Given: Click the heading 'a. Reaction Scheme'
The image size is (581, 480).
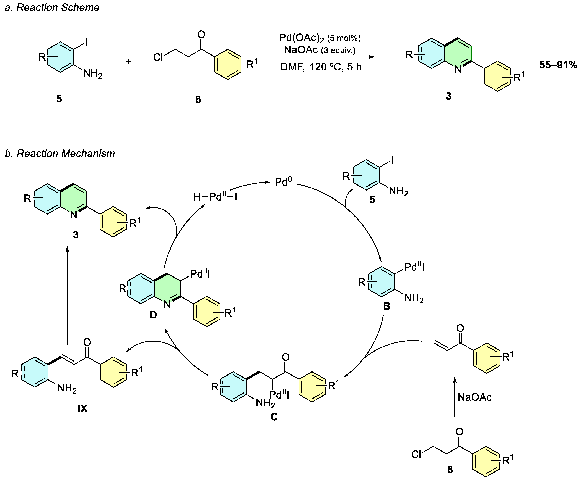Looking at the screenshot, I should [x=52, y=7].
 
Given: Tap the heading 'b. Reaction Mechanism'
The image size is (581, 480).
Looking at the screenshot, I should [x=60, y=153].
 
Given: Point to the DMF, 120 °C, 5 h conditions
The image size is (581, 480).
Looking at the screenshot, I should [x=321, y=67].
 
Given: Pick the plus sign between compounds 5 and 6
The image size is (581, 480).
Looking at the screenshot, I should [x=128, y=62].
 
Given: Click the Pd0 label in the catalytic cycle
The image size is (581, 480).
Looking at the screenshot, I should [x=283, y=182].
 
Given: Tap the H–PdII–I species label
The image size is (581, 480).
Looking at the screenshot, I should [x=215, y=197].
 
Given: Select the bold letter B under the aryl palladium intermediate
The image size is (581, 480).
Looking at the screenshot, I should [x=387, y=306].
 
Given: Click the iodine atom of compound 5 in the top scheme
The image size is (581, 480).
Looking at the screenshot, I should [x=87, y=42].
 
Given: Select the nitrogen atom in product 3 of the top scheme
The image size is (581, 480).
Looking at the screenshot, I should [x=458, y=69].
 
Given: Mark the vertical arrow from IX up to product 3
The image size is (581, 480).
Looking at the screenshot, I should [x=67, y=296].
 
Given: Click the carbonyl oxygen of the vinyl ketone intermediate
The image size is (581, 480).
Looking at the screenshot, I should [x=460, y=328].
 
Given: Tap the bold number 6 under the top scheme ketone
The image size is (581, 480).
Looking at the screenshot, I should [x=198, y=99].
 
